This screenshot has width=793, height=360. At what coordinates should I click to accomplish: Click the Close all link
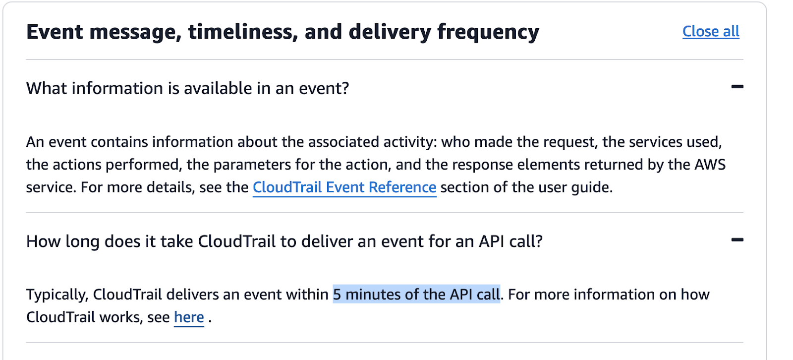tap(710, 31)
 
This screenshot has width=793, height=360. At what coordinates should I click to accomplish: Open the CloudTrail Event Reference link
tap(344, 187)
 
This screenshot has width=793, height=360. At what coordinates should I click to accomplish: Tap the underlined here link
tap(189, 317)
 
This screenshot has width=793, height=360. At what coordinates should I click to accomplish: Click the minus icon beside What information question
tap(737, 87)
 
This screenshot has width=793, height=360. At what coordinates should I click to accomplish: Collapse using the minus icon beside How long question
tap(737, 240)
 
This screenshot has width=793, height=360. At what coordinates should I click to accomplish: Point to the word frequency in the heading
tap(488, 32)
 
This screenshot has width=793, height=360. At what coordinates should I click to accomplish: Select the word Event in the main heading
tap(55, 32)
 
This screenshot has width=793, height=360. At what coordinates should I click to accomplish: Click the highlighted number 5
tap(337, 295)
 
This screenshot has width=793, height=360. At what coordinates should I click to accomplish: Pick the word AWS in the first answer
tap(710, 165)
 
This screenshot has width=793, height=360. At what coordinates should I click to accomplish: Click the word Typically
tap(57, 295)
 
